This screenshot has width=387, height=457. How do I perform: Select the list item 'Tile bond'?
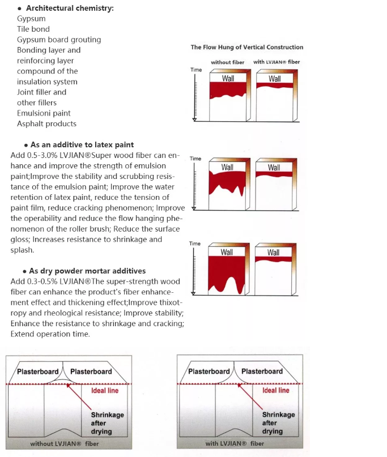33,29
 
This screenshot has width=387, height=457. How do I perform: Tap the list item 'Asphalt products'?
46,123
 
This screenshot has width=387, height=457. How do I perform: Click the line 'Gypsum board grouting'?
59,40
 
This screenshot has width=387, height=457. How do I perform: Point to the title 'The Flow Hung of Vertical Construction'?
246,47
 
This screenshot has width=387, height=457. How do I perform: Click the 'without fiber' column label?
227,62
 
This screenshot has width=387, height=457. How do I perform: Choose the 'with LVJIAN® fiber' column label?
277,62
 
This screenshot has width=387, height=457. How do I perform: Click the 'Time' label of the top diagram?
195,70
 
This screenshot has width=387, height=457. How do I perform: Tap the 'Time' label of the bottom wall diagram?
195,244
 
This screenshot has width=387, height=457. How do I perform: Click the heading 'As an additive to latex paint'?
82,144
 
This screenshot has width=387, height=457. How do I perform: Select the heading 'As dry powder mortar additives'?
87,271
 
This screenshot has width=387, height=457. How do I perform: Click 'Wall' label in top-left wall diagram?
228,79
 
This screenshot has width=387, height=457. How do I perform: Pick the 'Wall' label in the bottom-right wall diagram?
274,253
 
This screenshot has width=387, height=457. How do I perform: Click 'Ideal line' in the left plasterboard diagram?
105,391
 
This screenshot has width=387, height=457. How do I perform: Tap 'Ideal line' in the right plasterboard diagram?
276,391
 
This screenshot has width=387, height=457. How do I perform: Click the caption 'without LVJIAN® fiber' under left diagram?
65,444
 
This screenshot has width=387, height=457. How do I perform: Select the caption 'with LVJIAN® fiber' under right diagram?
235,444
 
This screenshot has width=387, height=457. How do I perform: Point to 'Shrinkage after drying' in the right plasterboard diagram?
278,422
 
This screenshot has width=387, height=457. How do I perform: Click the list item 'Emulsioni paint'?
44,113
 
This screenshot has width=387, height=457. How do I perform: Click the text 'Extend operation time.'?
50,334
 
